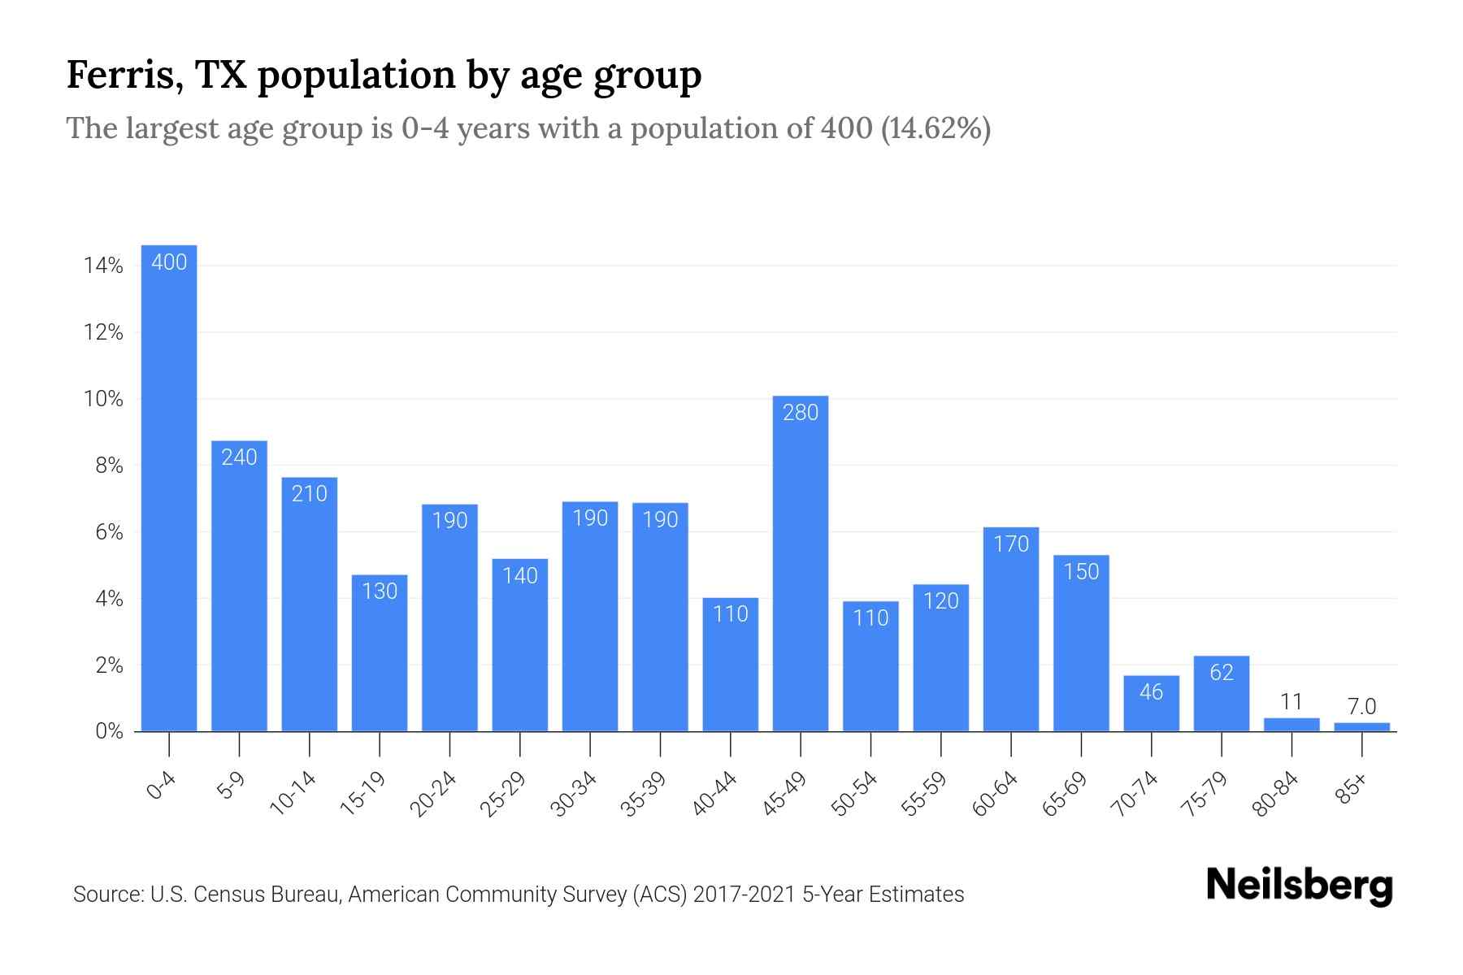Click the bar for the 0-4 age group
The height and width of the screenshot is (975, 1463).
[169, 487]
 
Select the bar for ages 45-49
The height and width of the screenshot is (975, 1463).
[801, 569]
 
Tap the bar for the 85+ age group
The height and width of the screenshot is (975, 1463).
[1361, 727]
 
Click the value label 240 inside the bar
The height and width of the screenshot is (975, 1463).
[239, 457]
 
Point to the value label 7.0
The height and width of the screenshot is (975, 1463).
[1361, 707]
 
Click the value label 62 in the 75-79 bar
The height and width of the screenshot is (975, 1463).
[1222, 672]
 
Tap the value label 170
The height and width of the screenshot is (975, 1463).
[1011, 544]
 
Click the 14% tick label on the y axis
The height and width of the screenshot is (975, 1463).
[102, 266]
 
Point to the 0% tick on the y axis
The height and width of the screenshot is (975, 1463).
[109, 731]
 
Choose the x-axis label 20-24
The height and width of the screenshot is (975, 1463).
[433, 794]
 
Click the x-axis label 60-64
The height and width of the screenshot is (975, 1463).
[995, 794]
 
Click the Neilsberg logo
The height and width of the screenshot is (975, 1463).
[1299, 886]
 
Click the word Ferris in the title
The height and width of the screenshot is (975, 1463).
[113, 75]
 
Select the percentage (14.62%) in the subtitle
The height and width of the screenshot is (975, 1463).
[936, 128]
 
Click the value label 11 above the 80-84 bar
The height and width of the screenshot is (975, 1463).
[1292, 701]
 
